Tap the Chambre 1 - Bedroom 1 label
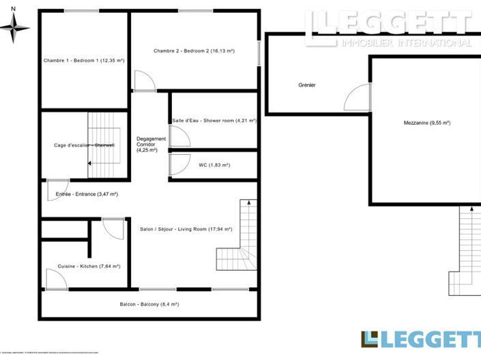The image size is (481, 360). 84,61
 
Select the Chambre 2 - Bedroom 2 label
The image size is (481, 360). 194,50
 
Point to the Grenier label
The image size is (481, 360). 307,85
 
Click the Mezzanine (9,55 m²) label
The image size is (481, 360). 427,123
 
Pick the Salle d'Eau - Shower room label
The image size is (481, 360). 214,121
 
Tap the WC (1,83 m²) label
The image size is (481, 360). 214,165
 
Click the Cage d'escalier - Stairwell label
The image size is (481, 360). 85,145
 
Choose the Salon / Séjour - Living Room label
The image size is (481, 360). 186,229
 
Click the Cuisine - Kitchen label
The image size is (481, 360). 85,266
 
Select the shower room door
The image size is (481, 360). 179,136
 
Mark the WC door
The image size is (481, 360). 179,165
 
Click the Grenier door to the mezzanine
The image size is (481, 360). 357,98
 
